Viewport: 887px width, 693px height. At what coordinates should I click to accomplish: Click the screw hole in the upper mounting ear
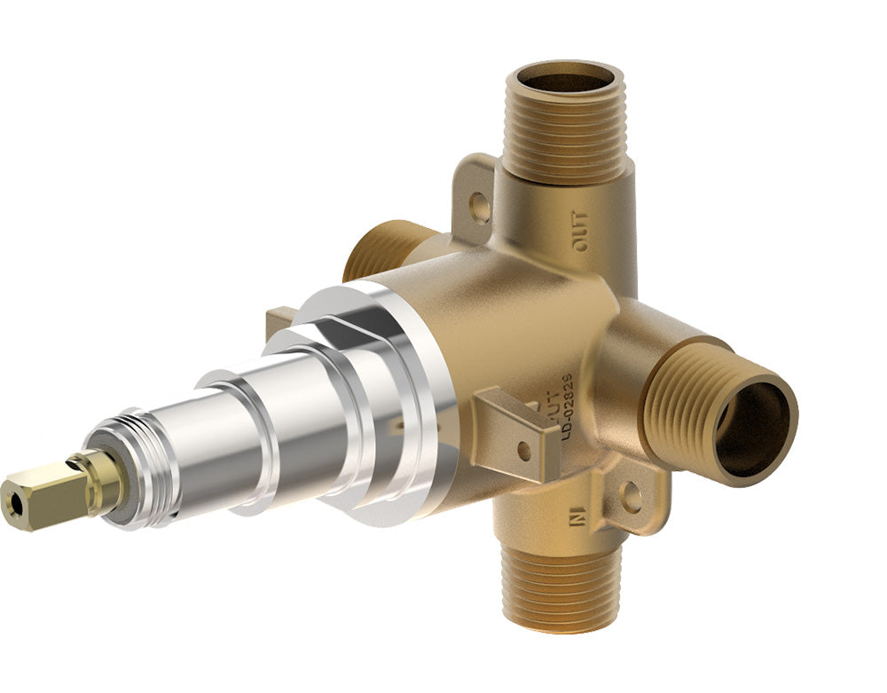(481, 209)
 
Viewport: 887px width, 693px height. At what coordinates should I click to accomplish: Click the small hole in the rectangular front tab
(524, 449)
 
